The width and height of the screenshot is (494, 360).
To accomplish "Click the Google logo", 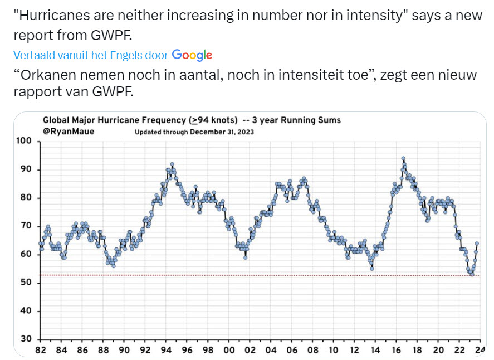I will pyautogui.click(x=192, y=55).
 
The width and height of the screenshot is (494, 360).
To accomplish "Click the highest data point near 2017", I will pyautogui.click(x=403, y=158).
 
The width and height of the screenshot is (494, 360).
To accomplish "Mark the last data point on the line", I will pyautogui.click(x=477, y=243).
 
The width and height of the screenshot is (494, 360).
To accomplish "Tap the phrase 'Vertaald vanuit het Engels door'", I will pyautogui.click(x=91, y=55).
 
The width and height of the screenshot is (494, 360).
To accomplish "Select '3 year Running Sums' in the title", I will pyautogui.click(x=297, y=120).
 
